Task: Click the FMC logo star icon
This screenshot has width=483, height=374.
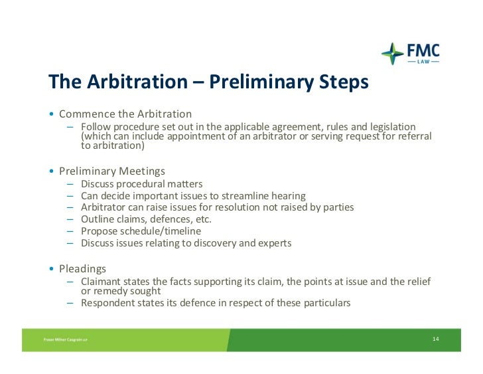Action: [x=392, y=53]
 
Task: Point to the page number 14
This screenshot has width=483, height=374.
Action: [x=435, y=339]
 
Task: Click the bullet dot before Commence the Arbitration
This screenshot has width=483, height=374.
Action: [x=52, y=114]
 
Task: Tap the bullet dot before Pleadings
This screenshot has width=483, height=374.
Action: [x=52, y=269]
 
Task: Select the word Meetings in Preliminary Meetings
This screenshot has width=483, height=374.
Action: [x=142, y=171]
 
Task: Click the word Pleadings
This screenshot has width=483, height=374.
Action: [x=82, y=269]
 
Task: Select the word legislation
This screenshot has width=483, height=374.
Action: [x=389, y=127]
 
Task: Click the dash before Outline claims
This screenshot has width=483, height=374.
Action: [x=70, y=219]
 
